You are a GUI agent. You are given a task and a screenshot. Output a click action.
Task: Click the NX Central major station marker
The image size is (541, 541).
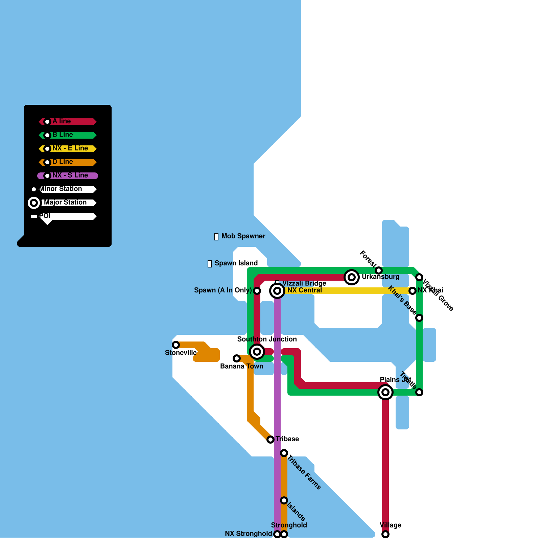[x=277, y=291]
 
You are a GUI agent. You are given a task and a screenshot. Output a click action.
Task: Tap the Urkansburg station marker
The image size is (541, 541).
[x=352, y=277]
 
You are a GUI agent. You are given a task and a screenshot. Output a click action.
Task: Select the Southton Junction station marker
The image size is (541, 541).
[x=257, y=352]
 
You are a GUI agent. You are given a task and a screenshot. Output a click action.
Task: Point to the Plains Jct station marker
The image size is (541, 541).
[x=385, y=392]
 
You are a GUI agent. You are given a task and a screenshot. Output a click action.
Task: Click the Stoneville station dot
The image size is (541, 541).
[x=176, y=345]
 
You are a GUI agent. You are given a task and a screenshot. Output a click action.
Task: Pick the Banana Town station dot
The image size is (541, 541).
[x=237, y=358]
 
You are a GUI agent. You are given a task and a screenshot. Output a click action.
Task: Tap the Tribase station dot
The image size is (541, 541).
[x=270, y=440]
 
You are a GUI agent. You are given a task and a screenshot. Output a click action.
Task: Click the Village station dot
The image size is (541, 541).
[x=385, y=534]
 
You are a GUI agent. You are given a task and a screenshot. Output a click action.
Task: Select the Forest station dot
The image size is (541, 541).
[x=379, y=270]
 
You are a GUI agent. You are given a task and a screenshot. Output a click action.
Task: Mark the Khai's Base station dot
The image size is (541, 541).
[x=419, y=318]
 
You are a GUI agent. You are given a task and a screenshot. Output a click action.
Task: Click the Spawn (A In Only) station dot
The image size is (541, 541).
[x=257, y=291]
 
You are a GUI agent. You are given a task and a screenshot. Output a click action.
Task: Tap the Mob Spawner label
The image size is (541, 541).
[x=243, y=236]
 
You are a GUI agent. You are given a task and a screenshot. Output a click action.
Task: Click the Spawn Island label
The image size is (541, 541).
[x=236, y=263]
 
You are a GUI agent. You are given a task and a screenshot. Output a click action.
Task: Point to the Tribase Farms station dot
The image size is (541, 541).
[x=284, y=453]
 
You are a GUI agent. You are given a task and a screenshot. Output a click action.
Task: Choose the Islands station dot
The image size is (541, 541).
[x=284, y=500]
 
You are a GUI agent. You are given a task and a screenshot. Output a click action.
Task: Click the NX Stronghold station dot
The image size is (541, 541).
[x=277, y=534]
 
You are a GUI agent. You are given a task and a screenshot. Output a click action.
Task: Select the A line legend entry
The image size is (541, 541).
[x=68, y=122]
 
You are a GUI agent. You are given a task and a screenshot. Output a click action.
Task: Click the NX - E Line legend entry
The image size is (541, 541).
[x=68, y=149]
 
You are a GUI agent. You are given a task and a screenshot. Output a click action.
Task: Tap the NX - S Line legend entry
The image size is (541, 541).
[x=68, y=176]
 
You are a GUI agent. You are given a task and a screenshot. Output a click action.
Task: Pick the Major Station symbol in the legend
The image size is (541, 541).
[x=34, y=203]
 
